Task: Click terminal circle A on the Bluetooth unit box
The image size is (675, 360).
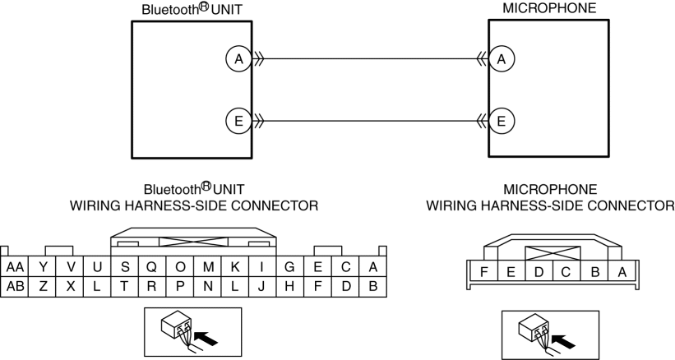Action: tap(238, 58)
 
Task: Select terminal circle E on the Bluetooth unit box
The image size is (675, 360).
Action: tap(238, 122)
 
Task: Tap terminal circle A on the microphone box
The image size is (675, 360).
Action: tap(500, 58)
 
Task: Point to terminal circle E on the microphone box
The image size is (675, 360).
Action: tap(500, 122)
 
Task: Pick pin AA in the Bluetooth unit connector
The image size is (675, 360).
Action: tap(14, 267)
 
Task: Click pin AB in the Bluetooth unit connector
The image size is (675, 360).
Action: tap(14, 286)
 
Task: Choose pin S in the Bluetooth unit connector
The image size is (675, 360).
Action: tap(125, 267)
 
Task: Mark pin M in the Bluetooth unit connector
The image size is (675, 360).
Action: tap(208, 267)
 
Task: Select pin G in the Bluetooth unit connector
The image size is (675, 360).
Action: tap(290, 267)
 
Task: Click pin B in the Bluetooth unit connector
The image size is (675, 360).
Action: tap(373, 286)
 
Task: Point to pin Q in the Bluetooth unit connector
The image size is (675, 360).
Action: tap(152, 267)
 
